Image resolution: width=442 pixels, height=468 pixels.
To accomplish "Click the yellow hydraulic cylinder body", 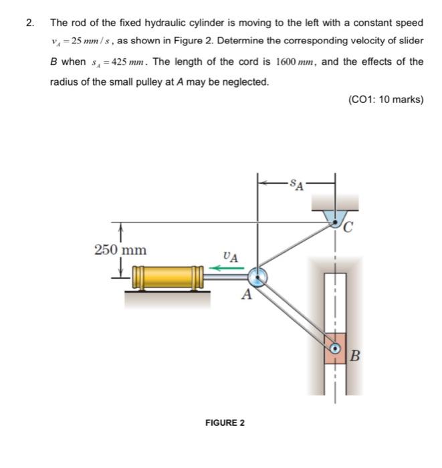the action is tap(164, 276).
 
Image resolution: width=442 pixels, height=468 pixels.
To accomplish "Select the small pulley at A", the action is tap(257, 276).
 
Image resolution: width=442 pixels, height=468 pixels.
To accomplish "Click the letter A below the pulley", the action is tap(246, 295).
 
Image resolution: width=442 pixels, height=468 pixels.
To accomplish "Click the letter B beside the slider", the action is tap(355, 356).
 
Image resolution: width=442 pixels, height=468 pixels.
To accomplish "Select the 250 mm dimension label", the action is tap(120, 250).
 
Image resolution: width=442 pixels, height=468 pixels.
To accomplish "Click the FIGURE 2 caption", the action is tap(225, 423).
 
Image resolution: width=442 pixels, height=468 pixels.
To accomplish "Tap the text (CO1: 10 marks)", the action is tap(386, 100).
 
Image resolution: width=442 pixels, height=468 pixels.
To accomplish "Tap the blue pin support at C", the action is tap(336, 218).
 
